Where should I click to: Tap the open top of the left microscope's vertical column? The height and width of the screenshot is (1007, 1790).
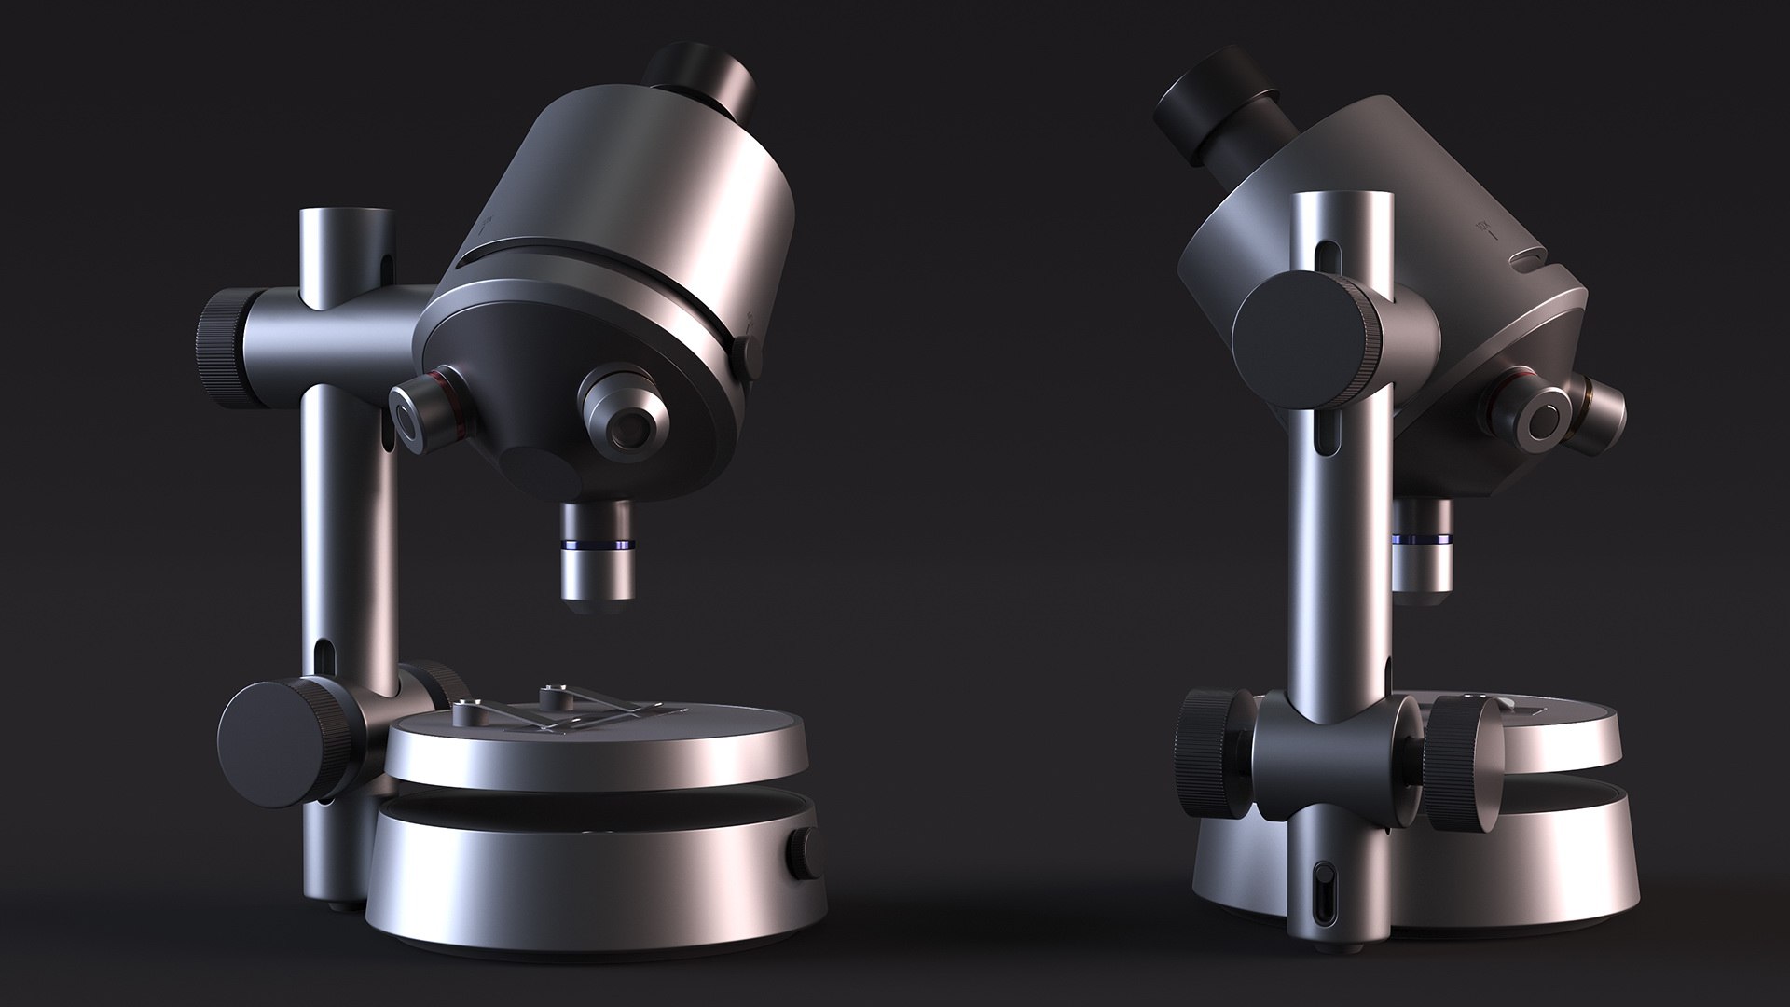point(344,219)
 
